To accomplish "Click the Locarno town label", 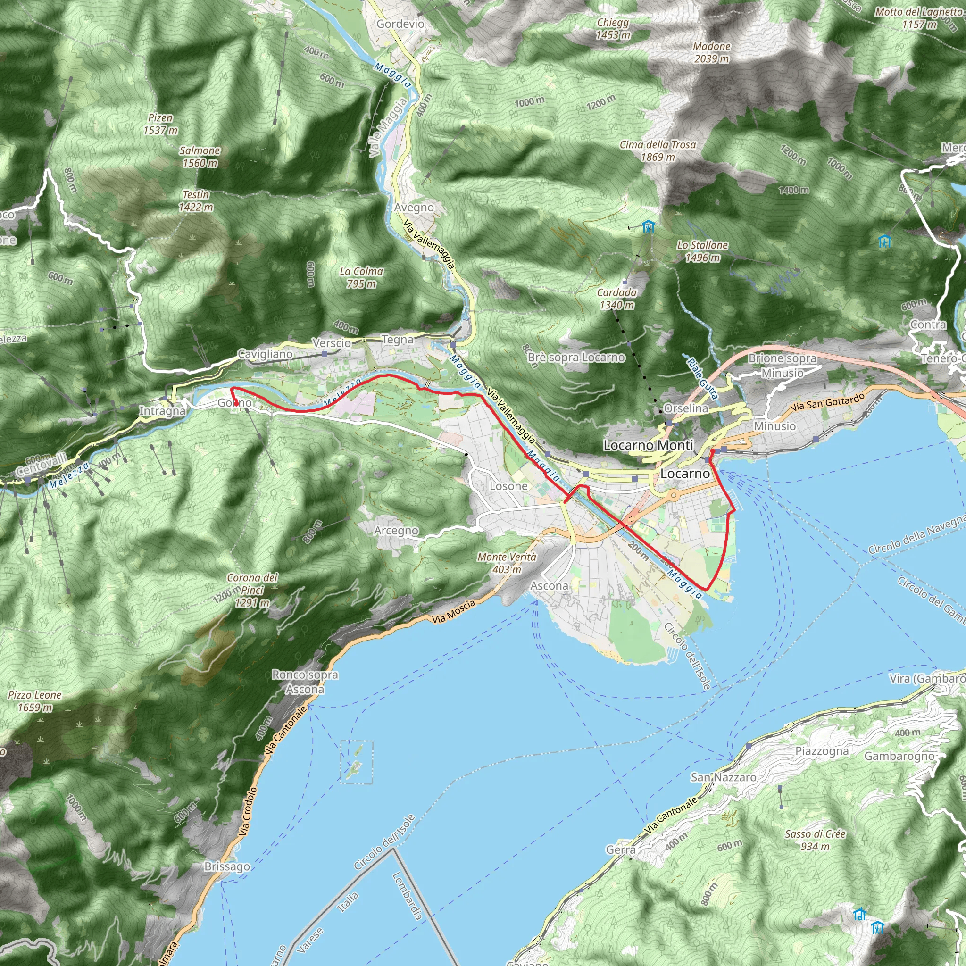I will click(x=684, y=474).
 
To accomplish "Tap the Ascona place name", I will click(x=549, y=585).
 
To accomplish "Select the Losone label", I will click(x=508, y=486).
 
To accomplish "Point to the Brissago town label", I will click(x=227, y=866).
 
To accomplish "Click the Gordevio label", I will click(x=400, y=24).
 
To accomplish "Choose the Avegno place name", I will click(x=414, y=208).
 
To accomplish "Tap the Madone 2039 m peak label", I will click(x=711, y=52).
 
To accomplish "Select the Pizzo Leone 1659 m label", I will click(x=34, y=701).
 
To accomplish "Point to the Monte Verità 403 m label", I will click(x=507, y=563).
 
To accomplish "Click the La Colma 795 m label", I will click(x=361, y=277).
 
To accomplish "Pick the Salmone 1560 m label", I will click(x=200, y=157).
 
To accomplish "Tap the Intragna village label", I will click(x=162, y=411).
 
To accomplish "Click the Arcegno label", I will click(x=396, y=530).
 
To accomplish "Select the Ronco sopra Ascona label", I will click(x=305, y=682).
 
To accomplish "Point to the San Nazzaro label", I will click(x=723, y=777).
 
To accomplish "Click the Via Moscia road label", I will click(x=453, y=612).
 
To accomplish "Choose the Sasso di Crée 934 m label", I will click(x=815, y=840).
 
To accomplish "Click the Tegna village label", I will click(x=398, y=340).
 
